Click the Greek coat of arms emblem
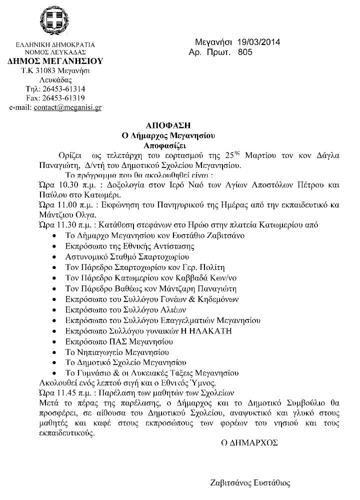coord(55,22)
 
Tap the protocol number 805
coord(245,52)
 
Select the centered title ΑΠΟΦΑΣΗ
coord(164,125)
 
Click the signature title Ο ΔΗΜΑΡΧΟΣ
coord(250,442)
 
